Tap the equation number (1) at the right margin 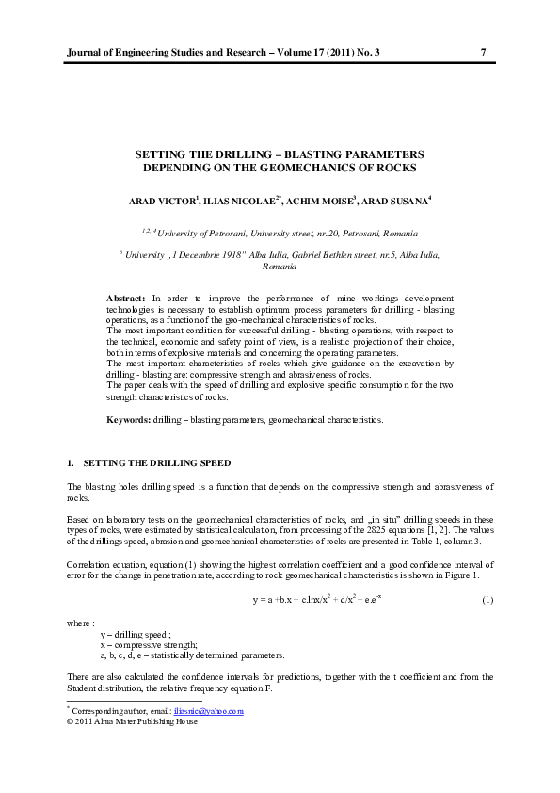tap(488, 600)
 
